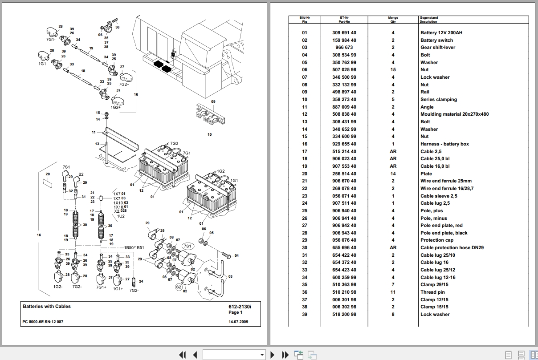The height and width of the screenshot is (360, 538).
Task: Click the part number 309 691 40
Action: tap(344, 33)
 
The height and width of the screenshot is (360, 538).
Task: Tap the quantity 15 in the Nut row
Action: tap(393, 70)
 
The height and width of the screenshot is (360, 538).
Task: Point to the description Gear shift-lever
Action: tap(438, 48)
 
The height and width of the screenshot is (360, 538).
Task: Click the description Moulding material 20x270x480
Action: tap(454, 114)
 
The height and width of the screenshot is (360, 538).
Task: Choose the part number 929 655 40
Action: tap(344, 144)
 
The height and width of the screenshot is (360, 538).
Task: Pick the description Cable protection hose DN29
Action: tap(452, 248)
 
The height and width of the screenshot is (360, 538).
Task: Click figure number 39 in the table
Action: tap(305, 315)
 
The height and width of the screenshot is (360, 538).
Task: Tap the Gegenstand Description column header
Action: tap(428, 19)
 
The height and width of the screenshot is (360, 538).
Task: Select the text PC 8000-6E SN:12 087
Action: tap(43, 322)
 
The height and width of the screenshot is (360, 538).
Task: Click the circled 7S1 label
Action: tap(187, 246)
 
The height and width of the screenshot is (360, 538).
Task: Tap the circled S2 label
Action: tap(179, 287)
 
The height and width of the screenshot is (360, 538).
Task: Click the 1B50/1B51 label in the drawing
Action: tap(134, 247)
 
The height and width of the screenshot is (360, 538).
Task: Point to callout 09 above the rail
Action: tap(213, 102)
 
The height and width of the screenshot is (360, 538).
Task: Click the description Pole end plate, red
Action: tap(441, 226)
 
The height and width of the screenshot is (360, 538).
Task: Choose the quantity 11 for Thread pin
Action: tap(393, 292)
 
